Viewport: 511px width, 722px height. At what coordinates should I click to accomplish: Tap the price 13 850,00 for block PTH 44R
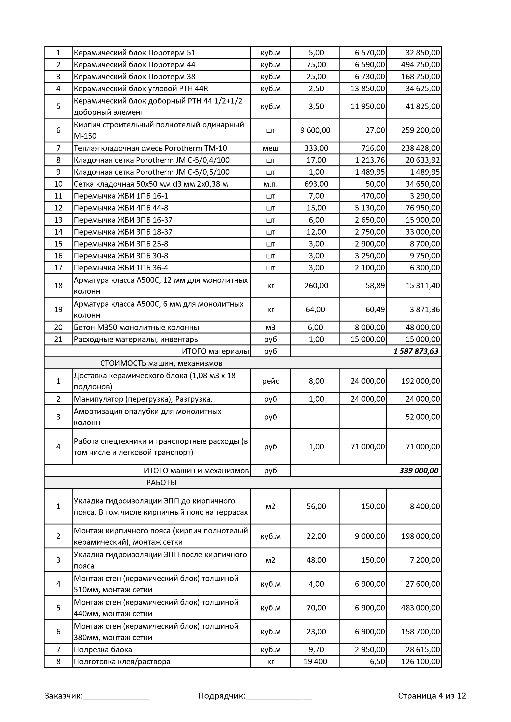[x=367, y=88]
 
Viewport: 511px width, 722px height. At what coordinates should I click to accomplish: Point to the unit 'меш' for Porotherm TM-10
[x=270, y=148]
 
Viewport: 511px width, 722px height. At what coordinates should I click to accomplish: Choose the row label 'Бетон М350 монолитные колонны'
[x=136, y=327]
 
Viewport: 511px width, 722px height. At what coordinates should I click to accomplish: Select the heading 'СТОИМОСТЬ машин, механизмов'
[x=161, y=363]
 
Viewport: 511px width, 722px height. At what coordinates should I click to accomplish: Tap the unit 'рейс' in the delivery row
[x=270, y=381]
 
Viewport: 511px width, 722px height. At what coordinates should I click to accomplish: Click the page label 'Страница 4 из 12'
[x=432, y=696]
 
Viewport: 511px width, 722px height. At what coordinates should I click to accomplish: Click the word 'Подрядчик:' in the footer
[x=222, y=696]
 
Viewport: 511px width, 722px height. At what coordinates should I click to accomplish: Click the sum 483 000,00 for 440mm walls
[x=420, y=608]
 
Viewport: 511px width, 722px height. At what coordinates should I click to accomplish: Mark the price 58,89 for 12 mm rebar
[x=375, y=286]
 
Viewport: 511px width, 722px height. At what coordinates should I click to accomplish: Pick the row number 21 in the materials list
[x=58, y=339]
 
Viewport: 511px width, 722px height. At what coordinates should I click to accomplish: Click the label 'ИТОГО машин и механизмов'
[x=196, y=471]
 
